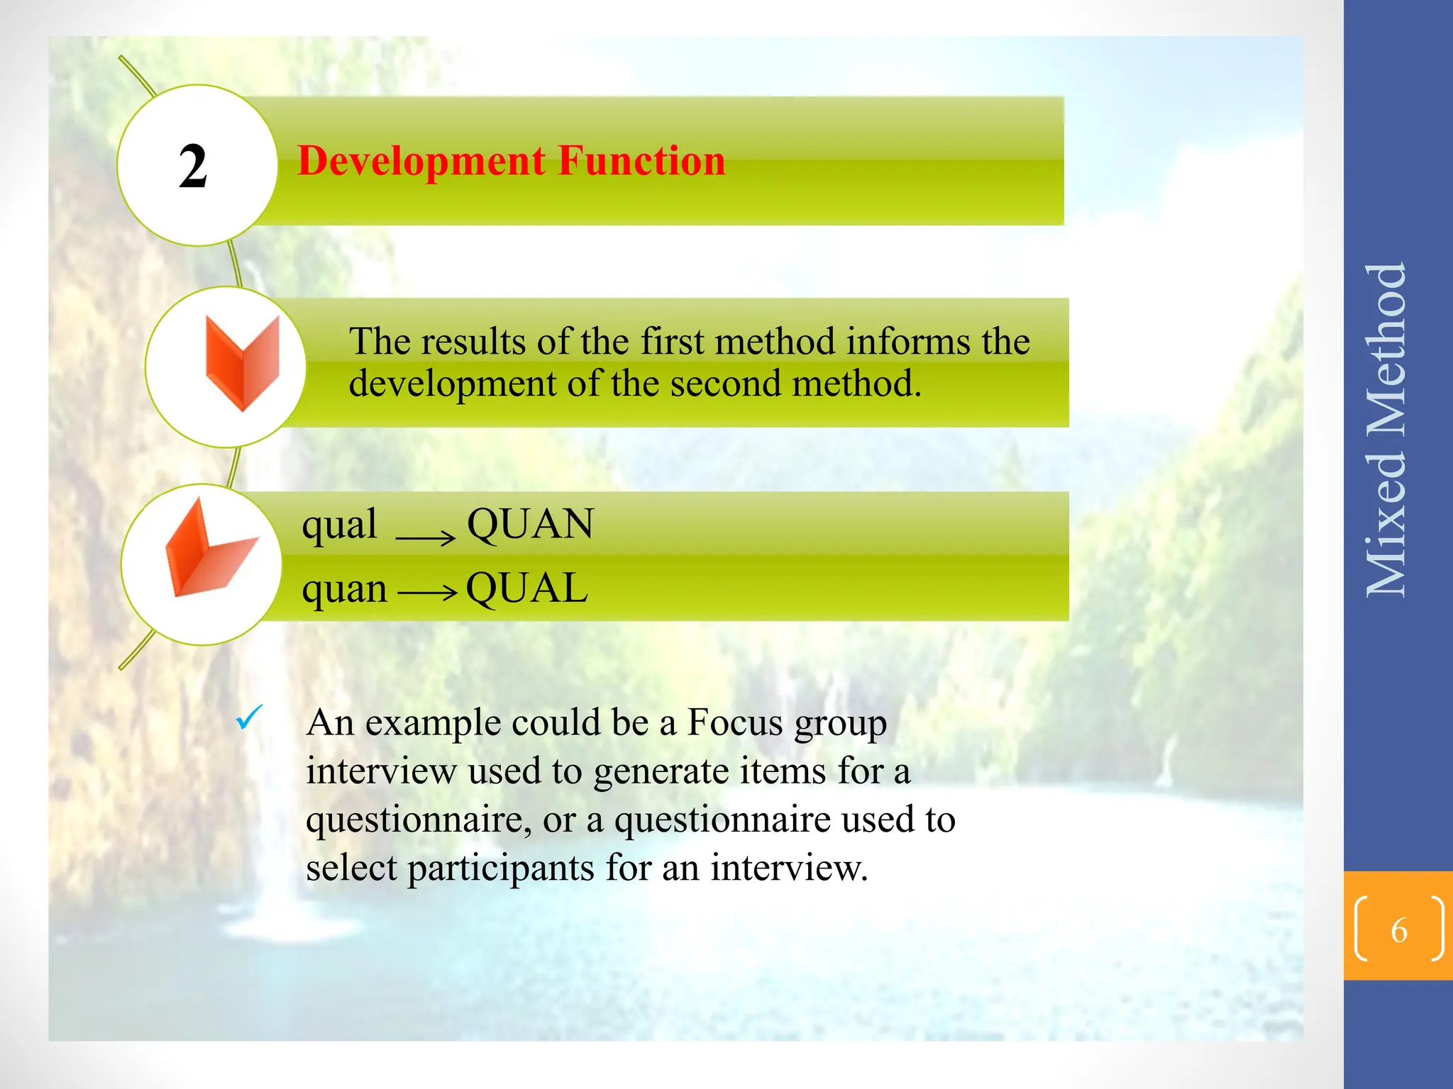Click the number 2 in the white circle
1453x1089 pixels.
pyautogui.click(x=193, y=166)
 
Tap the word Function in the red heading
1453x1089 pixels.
pyautogui.click(x=641, y=161)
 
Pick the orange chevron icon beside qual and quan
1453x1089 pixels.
pyautogui.click(x=210, y=550)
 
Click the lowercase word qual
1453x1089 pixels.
pyautogui.click(x=339, y=525)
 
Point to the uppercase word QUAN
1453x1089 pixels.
pyautogui.click(x=530, y=525)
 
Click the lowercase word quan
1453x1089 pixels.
pyautogui.click(x=345, y=588)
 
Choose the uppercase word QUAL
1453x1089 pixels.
pyautogui.click(x=527, y=588)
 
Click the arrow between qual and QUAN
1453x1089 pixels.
pyautogui.click(x=425, y=537)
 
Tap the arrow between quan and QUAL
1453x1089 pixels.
pyautogui.click(x=427, y=591)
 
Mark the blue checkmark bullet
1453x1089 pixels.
pyautogui.click(x=250, y=717)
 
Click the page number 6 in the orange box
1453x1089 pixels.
pyautogui.click(x=1398, y=929)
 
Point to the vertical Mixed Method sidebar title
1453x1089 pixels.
pyautogui.click(x=1386, y=430)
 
